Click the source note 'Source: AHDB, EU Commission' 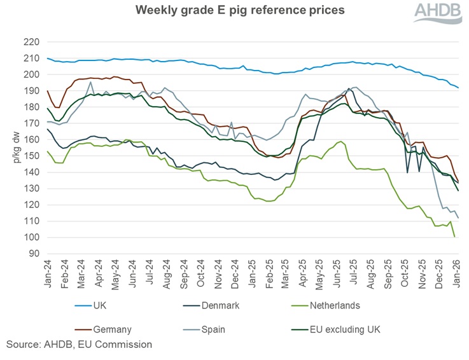tap(80, 345)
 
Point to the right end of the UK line tap(459, 88)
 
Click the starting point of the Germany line tap(48, 90)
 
